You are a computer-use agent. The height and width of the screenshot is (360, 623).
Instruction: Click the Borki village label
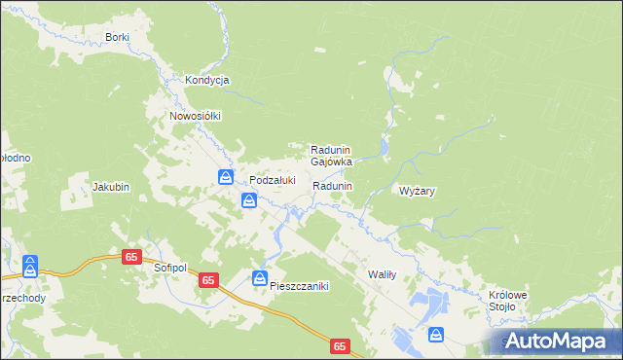point(117,37)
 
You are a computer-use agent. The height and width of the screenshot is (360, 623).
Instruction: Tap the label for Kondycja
point(206,81)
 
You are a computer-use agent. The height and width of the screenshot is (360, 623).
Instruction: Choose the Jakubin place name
point(110,186)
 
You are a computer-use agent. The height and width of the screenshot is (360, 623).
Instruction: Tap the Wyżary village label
point(417,192)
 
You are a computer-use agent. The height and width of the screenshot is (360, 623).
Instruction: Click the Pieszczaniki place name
point(301,286)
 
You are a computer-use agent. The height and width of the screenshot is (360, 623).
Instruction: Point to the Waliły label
point(381,275)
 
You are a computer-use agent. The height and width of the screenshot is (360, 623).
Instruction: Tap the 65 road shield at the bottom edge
point(339,346)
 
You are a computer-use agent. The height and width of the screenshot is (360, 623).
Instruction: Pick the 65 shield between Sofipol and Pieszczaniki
point(208,280)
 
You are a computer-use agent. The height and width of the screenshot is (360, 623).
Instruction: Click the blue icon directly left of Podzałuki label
point(226,177)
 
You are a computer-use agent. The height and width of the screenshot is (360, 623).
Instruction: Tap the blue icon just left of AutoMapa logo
point(436,335)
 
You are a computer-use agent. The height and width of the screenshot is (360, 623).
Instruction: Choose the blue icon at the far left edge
point(30,264)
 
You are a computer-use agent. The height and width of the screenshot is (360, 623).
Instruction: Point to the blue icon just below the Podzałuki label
point(249,200)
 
